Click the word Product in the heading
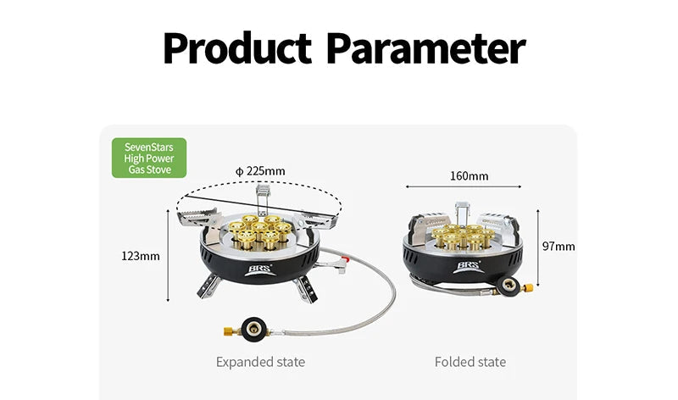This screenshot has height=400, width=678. pos(237,47)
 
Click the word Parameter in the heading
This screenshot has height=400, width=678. pos(426,47)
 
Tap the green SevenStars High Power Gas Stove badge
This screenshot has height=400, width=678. pos(149,158)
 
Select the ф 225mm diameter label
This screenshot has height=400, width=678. pos(260,171)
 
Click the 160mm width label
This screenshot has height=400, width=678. pos(470,176)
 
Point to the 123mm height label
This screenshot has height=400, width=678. pos(141,256)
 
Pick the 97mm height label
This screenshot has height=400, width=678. pos(559,247)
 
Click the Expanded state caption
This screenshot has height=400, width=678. pos(261,362)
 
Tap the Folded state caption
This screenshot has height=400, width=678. pos(470,362)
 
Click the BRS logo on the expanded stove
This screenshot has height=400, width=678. pos(259,270)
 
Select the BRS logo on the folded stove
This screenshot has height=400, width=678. pos(468,267)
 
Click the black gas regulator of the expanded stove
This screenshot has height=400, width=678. pos(254,330)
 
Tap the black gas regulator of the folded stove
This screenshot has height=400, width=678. pos(508,286)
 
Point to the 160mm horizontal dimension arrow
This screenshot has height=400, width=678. pos(464,186)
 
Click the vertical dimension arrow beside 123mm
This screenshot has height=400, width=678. pos(168,255)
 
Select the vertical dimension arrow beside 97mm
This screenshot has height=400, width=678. pos(538,247)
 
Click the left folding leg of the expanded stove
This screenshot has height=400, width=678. pos(208,286)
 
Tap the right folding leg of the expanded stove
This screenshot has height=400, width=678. pos(305,288)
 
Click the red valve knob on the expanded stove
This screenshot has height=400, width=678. pos(345,261)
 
